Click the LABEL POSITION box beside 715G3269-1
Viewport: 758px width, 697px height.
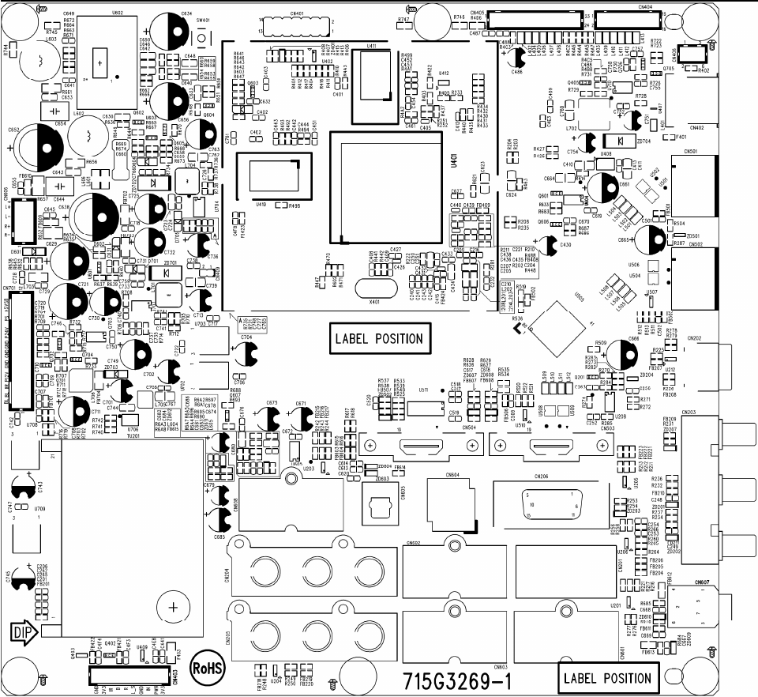(606, 677)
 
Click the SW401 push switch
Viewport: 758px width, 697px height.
(203, 37)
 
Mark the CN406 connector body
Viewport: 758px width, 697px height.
(692, 53)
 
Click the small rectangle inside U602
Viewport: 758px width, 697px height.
(102, 60)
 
